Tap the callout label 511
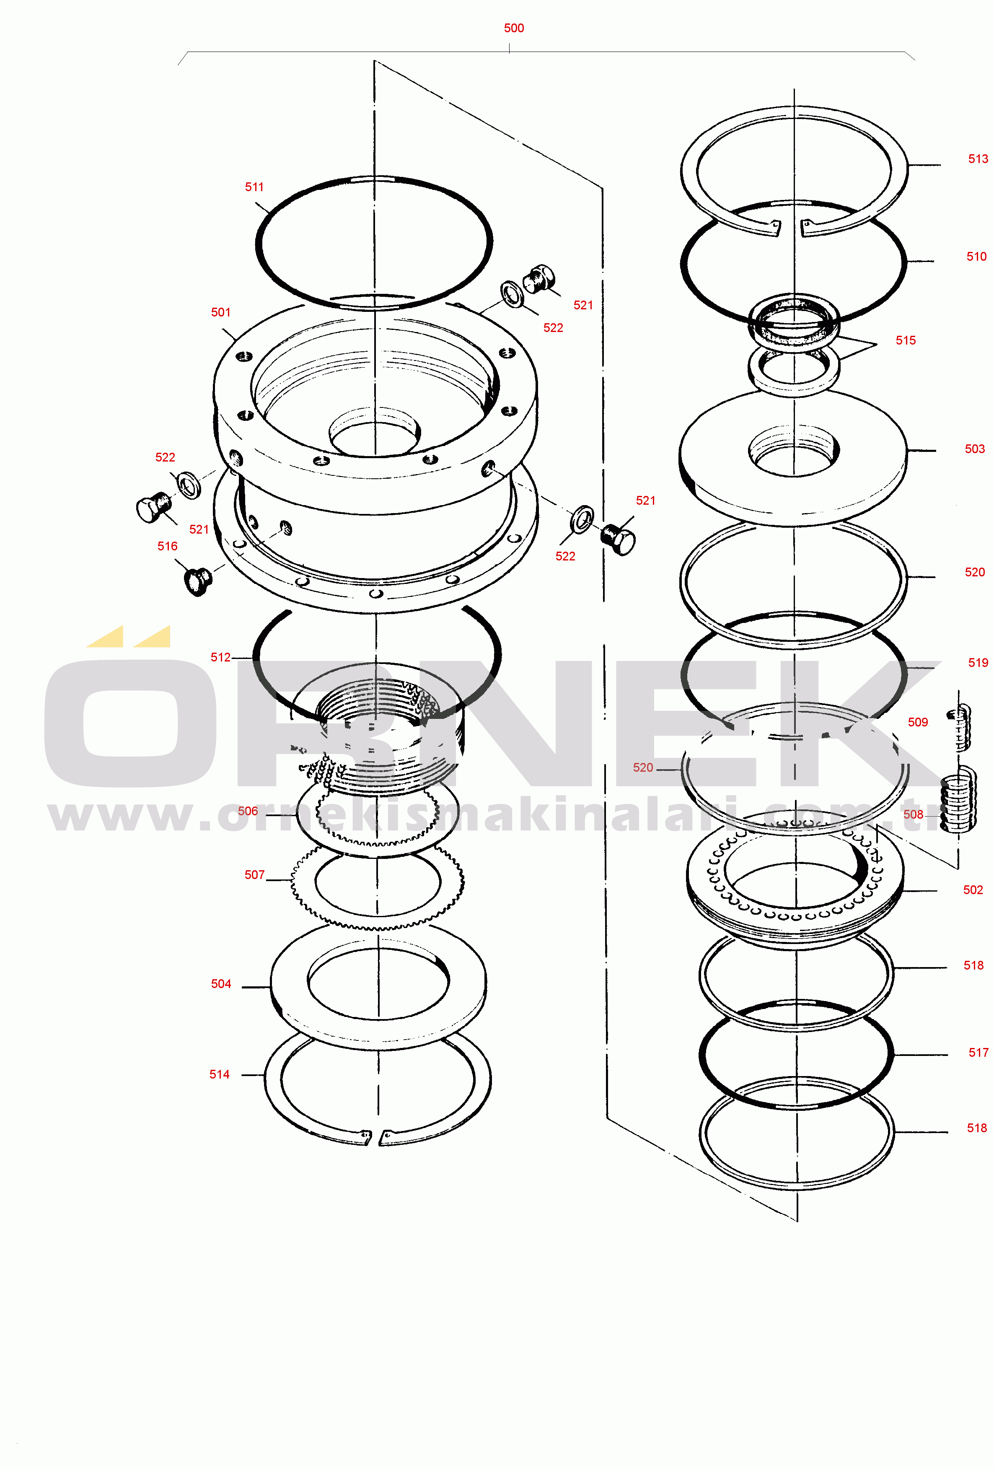tap(254, 187)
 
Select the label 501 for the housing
tap(220, 312)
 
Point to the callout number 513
tap(978, 158)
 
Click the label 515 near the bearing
tap(905, 340)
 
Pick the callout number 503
tap(974, 449)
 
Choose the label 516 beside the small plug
tap(167, 546)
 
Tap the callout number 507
tap(254, 875)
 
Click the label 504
tap(221, 983)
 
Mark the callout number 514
tap(219, 1074)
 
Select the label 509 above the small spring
tap(918, 722)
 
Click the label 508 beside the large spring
tap(913, 814)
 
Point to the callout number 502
tap(973, 890)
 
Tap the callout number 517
tap(978, 1052)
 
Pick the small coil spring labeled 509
tap(959, 728)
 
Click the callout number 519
tap(978, 663)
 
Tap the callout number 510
tap(976, 257)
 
